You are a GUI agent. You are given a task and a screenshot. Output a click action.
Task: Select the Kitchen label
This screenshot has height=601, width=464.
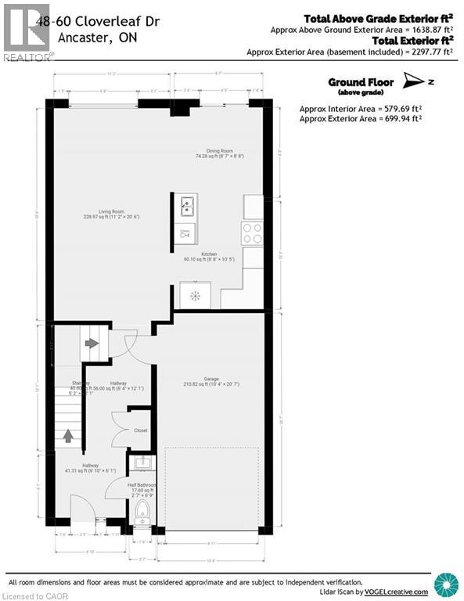click(210, 255)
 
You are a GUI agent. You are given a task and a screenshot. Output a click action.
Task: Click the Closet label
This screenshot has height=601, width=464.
click(141, 430)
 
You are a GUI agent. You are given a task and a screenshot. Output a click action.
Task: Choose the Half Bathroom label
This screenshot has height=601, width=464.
click(142, 486)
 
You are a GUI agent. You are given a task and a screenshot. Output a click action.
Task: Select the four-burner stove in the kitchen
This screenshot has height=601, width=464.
click(252, 233)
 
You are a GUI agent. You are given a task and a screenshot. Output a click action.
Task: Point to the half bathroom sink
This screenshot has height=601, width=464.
click(142, 464)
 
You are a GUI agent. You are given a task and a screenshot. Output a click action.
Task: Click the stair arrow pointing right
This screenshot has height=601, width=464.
click(92, 343)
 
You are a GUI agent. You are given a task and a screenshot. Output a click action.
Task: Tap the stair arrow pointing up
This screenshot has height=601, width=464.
click(67, 434)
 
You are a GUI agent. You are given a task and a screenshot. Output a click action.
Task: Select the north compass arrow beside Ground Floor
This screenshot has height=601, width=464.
click(412, 80)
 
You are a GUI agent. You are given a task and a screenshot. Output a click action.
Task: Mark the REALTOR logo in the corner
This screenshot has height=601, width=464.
click(27, 31)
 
